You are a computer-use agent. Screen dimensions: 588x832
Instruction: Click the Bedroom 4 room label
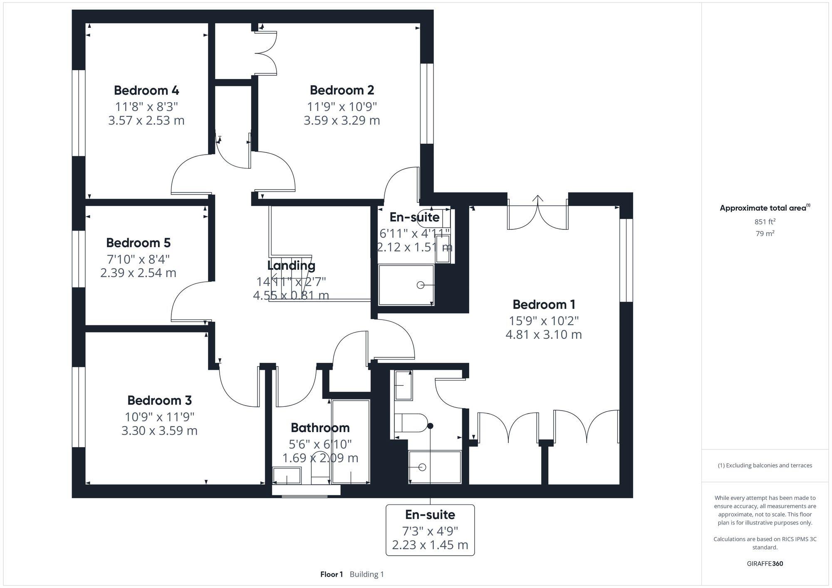coord(146,90)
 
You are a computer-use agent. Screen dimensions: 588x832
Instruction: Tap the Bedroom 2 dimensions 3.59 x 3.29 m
coord(342,121)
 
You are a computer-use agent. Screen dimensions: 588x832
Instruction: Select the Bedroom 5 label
coord(138,243)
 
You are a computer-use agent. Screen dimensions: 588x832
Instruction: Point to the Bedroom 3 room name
coord(159,400)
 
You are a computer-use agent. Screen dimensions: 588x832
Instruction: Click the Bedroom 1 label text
coord(544,305)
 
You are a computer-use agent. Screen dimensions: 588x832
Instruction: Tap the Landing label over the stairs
coord(291,266)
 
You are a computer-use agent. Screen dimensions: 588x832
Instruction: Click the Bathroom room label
coord(320,428)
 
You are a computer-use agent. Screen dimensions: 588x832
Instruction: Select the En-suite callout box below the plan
coord(430,530)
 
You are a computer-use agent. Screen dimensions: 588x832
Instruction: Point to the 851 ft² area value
coord(765,222)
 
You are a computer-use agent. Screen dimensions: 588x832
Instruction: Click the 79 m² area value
coord(765,234)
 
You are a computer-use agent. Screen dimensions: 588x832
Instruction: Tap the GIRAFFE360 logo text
coord(765,564)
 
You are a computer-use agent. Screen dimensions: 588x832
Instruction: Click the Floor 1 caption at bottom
coord(332,574)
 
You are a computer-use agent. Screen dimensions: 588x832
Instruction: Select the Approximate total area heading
coord(765,208)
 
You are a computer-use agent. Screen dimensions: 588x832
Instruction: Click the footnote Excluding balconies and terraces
coord(765,465)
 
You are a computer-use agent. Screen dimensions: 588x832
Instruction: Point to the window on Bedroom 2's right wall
coord(426,103)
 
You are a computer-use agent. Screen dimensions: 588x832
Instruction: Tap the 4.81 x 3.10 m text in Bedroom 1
coord(543,335)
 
